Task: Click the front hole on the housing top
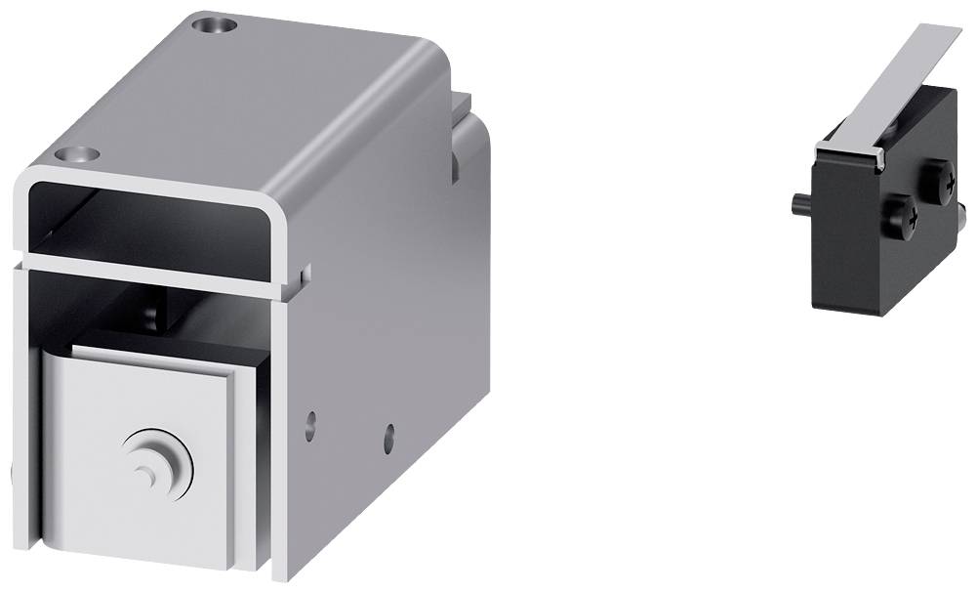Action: [x=78, y=154]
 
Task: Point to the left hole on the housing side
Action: [x=310, y=423]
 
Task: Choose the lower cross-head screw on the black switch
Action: [x=901, y=216]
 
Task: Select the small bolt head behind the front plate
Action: [x=151, y=316]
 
